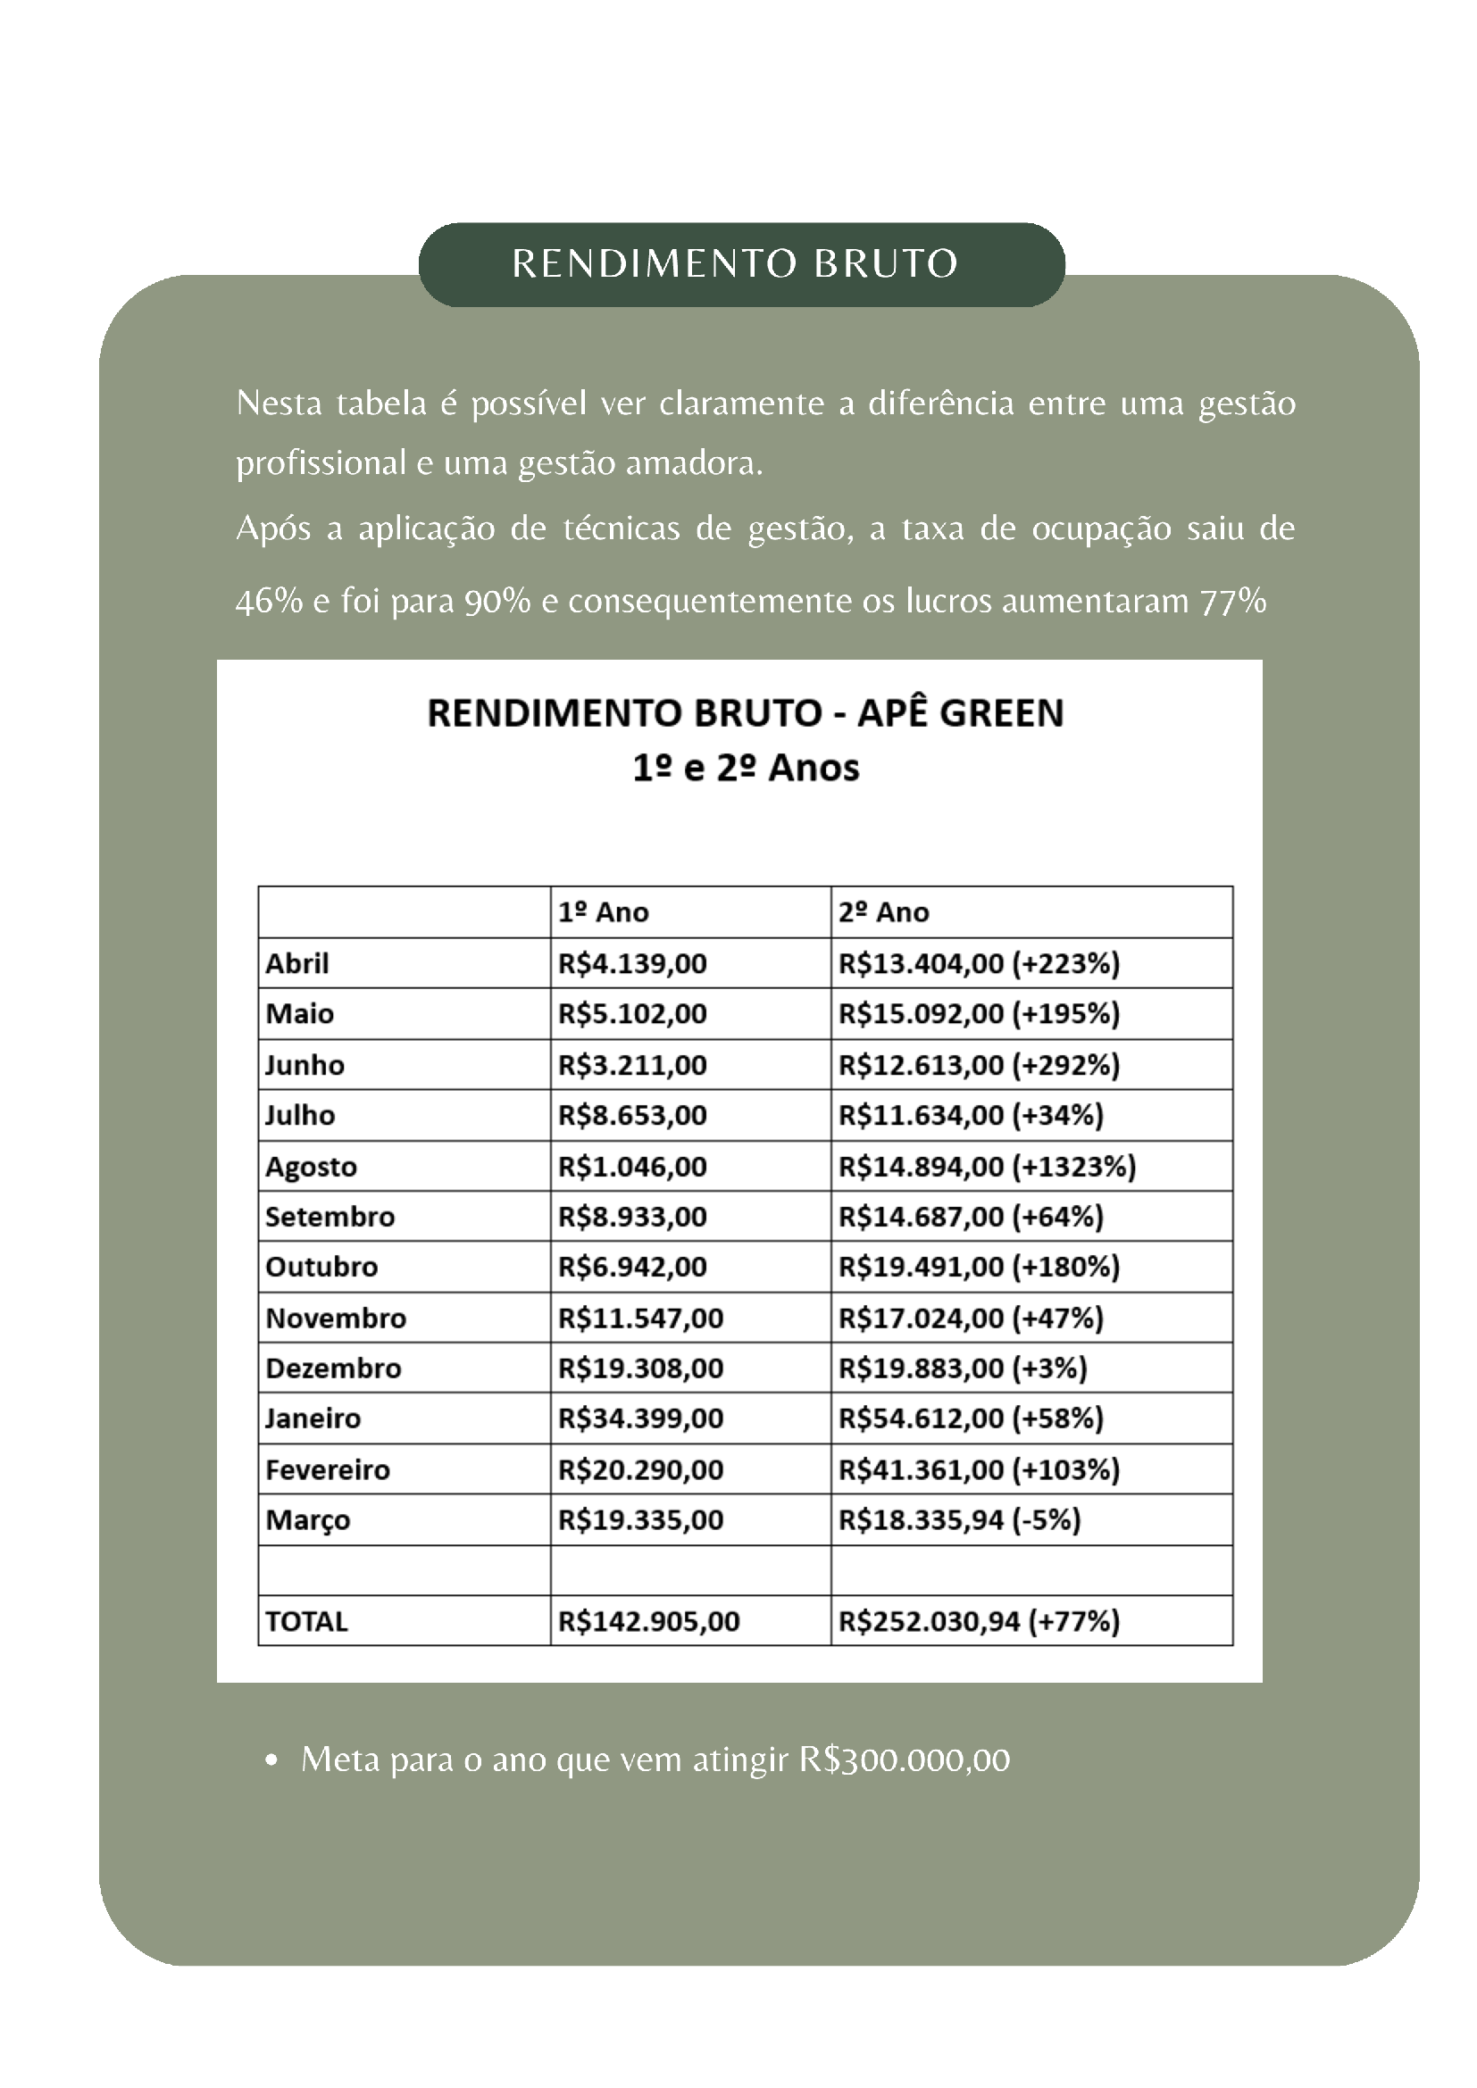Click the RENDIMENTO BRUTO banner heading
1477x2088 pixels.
[735, 263]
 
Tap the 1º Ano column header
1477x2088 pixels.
[603, 912]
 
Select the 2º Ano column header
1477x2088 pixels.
[883, 912]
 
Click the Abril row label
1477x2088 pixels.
[297, 963]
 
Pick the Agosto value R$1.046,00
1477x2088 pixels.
[632, 1166]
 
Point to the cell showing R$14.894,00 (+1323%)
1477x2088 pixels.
[987, 1166]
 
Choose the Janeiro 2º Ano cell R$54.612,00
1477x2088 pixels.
[971, 1418]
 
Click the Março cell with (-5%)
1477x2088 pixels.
[959, 1519]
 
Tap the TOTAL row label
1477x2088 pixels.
[306, 1621]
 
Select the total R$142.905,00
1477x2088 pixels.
[648, 1621]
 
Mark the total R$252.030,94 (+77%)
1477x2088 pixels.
[979, 1621]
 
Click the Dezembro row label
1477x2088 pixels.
[333, 1368]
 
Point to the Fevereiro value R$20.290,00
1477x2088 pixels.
[640, 1469]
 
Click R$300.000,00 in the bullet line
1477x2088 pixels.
[904, 1759]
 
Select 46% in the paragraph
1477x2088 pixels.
[268, 601]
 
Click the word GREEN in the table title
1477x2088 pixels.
[1000, 713]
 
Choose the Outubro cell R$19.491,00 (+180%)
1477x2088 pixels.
[979, 1267]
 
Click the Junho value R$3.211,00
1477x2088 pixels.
[632, 1065]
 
